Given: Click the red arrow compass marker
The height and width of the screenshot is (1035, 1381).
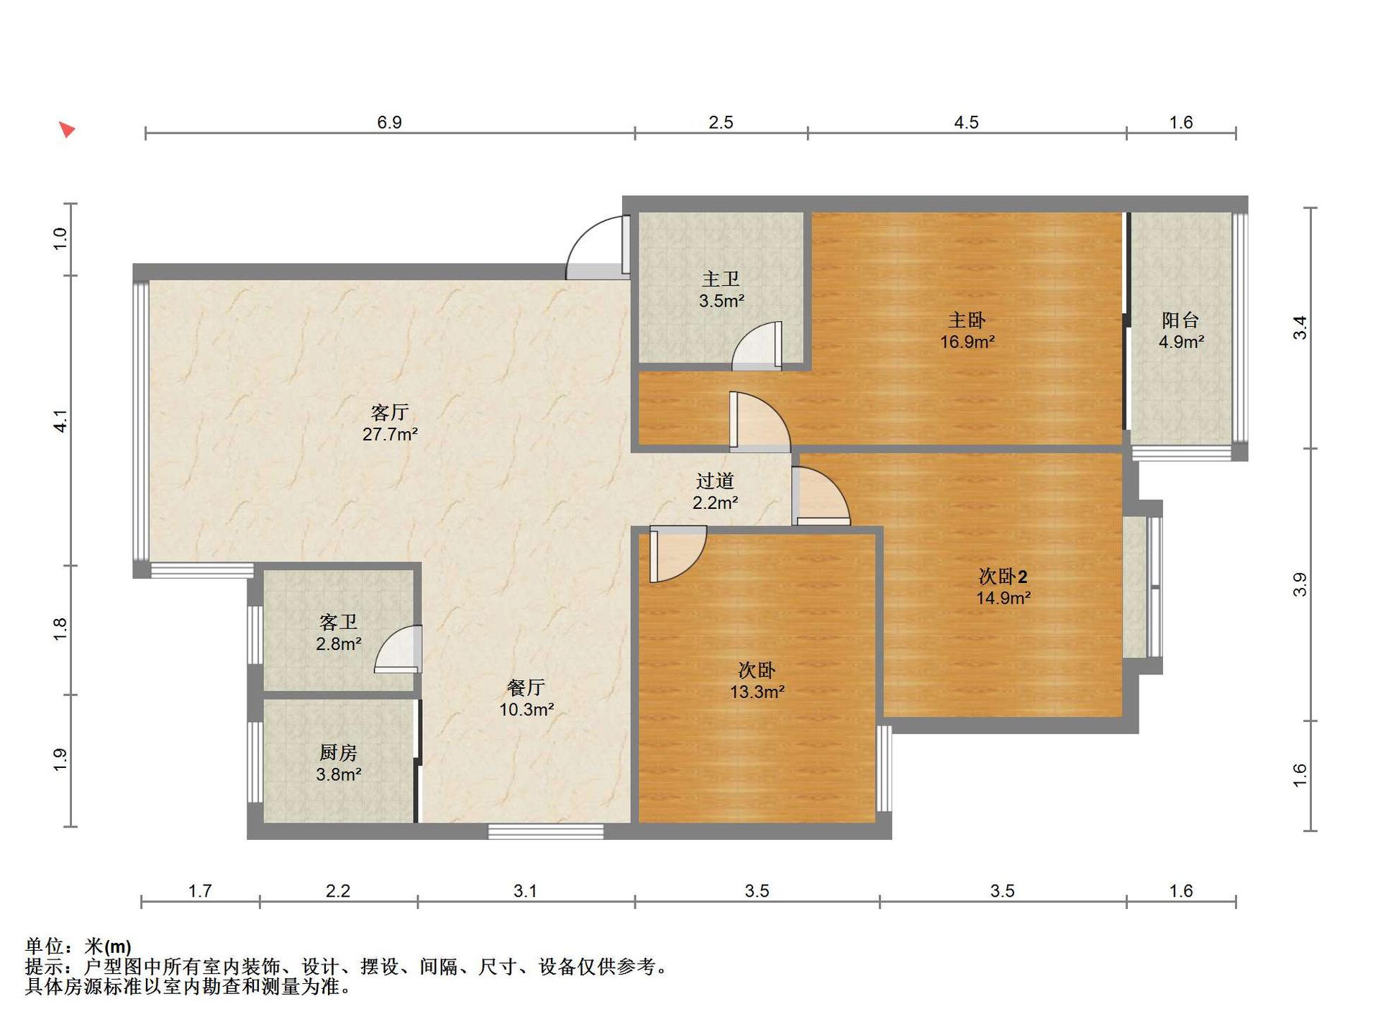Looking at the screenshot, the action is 67,130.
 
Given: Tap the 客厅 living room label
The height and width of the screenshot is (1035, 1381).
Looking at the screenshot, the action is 390,412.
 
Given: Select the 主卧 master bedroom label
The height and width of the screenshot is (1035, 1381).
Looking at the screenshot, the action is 967,320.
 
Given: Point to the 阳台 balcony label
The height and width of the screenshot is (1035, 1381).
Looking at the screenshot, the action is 1180,320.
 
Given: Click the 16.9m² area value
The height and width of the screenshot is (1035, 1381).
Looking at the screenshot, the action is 967,342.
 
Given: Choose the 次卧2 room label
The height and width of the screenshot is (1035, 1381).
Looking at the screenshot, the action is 1003,577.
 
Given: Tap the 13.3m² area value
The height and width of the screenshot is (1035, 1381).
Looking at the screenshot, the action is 757,692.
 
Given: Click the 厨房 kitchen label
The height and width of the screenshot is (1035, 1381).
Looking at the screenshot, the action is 338,753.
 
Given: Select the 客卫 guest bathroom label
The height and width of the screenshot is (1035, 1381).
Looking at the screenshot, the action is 338,622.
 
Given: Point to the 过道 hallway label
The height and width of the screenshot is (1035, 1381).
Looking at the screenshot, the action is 715,481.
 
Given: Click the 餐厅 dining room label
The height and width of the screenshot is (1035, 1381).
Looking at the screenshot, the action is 526,688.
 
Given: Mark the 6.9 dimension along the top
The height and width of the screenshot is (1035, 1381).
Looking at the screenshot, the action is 389,122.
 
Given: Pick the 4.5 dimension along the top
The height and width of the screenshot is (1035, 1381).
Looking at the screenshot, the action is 966,122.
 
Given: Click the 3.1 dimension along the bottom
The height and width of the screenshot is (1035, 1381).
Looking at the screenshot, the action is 525,891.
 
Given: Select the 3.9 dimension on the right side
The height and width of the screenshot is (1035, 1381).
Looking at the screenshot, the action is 1300,584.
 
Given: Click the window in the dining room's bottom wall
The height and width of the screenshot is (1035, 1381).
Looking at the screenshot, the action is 546,831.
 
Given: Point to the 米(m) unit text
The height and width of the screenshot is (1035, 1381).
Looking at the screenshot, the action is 108,946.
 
